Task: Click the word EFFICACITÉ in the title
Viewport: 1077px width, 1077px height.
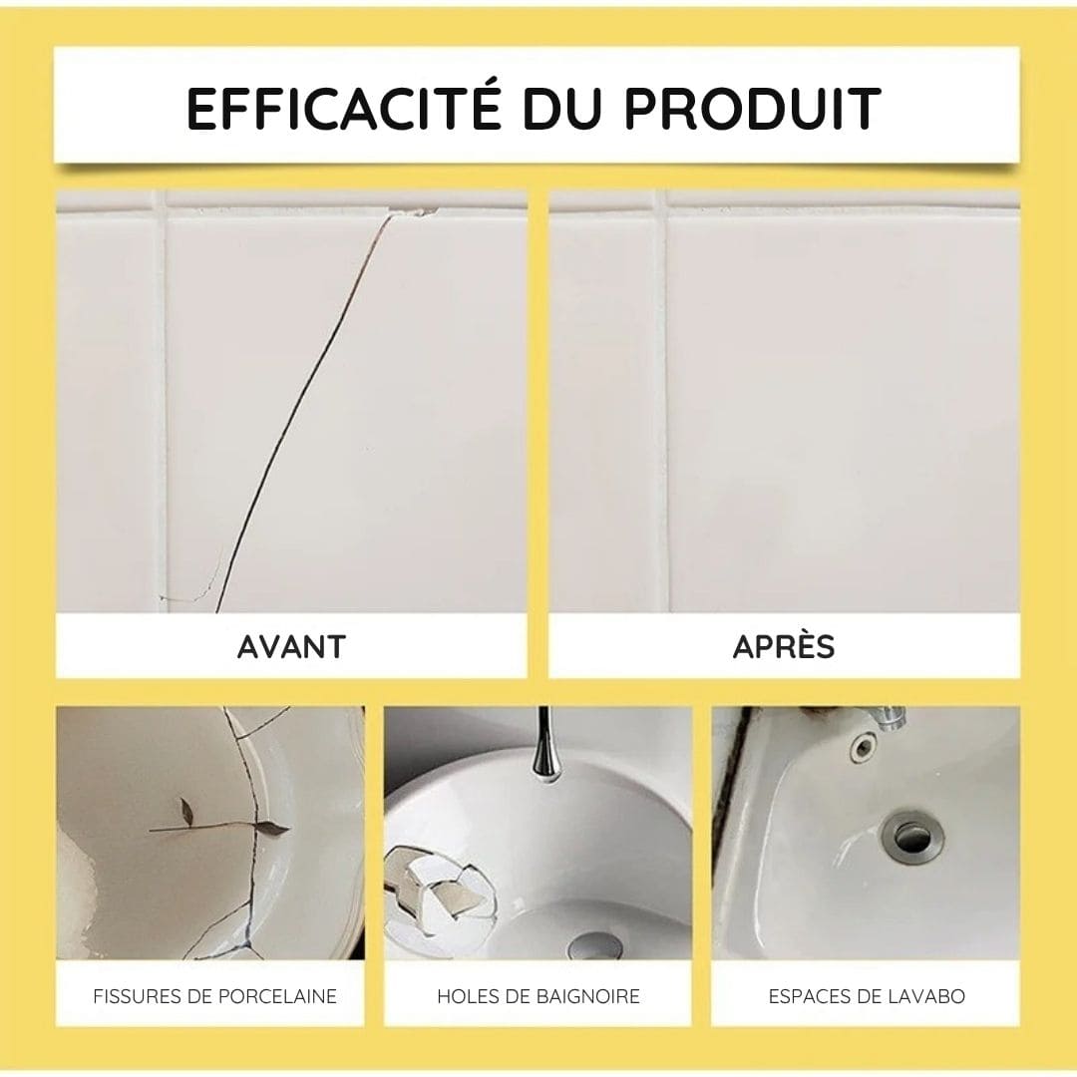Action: point(344,109)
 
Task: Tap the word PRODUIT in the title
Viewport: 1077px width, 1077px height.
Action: point(752,109)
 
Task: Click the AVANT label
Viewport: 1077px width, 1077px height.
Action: point(291,646)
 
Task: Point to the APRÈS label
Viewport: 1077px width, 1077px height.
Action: point(784,646)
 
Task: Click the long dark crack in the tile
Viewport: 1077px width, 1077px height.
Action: point(299,399)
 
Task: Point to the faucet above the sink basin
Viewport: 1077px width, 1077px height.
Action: point(884,718)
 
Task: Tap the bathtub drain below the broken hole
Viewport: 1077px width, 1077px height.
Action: point(593,944)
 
